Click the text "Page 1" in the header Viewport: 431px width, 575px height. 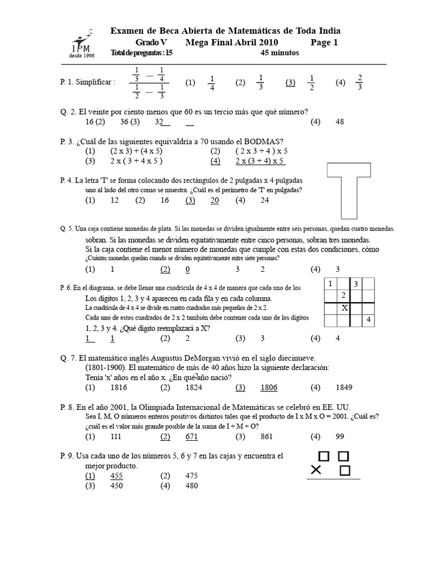click(324, 42)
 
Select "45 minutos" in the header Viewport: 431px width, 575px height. click(279, 53)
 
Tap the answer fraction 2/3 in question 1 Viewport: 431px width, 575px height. click(360, 82)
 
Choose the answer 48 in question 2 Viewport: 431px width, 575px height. click(339, 121)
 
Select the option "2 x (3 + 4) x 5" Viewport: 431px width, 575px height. click(260, 161)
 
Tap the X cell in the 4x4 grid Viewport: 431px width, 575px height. click(345, 308)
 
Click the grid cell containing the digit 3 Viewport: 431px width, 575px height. click(356, 284)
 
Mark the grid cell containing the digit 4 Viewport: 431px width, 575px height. click(369, 320)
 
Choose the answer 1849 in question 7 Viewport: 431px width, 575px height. click(345, 387)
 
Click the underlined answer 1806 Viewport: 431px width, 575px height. click(269, 387)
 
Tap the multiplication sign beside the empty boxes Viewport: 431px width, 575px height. click(317, 469)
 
